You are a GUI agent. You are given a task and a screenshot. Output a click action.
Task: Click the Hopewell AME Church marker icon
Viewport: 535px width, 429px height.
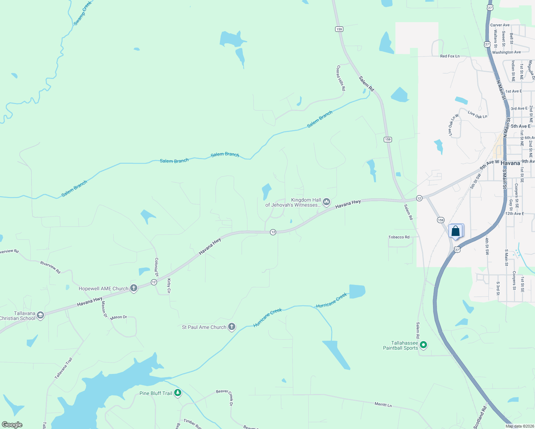(x=134, y=288)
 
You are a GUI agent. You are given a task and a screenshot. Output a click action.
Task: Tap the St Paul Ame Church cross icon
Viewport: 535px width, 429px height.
(x=232, y=326)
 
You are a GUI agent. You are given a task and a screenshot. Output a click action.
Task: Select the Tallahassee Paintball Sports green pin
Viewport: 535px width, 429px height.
(x=423, y=345)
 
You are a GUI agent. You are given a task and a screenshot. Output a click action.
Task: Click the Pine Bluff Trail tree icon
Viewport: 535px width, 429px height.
(x=178, y=393)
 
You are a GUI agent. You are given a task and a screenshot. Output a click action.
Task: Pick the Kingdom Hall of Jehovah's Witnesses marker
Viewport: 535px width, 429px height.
(x=326, y=202)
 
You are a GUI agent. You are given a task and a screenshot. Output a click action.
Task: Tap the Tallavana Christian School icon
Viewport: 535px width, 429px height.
(x=40, y=315)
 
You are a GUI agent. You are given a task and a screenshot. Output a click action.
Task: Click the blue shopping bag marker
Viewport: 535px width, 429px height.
(x=456, y=231)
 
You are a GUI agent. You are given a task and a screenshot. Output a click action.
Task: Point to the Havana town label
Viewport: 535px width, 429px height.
(x=510, y=163)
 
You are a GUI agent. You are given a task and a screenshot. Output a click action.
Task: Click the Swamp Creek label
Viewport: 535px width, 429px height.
(x=83, y=13)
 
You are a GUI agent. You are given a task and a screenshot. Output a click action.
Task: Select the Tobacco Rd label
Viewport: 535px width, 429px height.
(x=399, y=237)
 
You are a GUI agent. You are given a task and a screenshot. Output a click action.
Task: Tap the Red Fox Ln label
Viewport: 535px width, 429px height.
(x=450, y=56)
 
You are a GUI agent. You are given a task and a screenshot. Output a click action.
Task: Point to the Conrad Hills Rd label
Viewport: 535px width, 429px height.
(x=340, y=78)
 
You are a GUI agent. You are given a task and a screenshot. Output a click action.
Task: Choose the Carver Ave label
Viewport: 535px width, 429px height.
(x=500, y=25)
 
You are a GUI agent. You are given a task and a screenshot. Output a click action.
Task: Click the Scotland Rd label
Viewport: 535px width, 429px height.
(x=480, y=417)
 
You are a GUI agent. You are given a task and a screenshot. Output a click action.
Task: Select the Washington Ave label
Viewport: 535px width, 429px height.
(x=506, y=52)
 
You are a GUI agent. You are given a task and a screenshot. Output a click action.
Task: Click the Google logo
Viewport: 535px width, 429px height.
(x=12, y=425)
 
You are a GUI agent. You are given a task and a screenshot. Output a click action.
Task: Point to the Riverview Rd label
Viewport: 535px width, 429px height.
(x=50, y=267)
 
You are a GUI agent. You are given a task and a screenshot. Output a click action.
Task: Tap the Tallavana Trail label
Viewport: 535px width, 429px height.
(x=63, y=368)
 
